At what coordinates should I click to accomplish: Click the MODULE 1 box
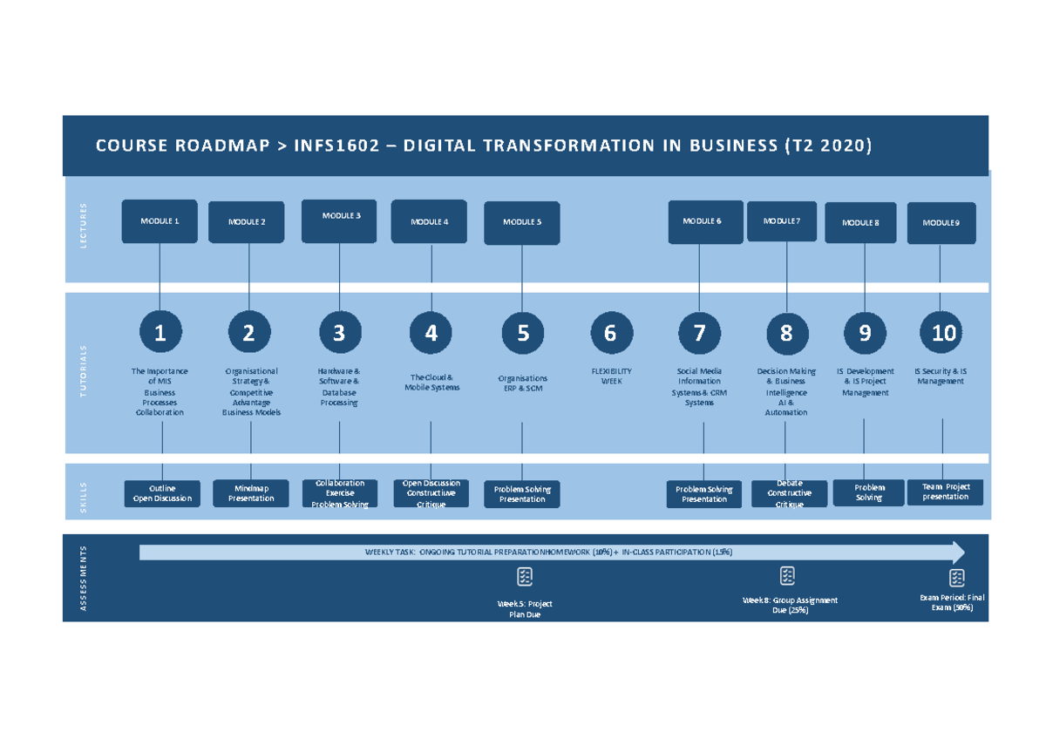click(160, 221)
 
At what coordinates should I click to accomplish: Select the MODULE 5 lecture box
click(521, 222)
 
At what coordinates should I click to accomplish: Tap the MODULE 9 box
click(941, 223)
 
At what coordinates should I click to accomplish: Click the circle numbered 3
click(339, 333)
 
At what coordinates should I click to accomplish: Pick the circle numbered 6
click(610, 333)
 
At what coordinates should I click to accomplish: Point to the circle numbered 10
click(942, 332)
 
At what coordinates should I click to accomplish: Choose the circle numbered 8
click(787, 333)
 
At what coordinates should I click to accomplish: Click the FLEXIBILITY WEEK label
click(611, 376)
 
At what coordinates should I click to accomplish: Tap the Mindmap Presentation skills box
click(251, 493)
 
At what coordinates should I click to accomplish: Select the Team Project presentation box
click(946, 492)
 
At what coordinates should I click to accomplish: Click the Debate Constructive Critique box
click(789, 493)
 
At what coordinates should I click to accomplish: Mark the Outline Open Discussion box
click(162, 493)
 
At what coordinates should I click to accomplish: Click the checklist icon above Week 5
click(525, 577)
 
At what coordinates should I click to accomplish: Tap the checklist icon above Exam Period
click(956, 577)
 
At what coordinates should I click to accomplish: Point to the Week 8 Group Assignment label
click(790, 605)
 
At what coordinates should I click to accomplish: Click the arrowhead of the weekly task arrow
click(958, 553)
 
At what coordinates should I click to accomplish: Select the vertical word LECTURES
click(85, 226)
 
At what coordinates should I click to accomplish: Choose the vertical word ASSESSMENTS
click(85, 578)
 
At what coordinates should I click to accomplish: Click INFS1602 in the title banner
click(336, 146)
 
